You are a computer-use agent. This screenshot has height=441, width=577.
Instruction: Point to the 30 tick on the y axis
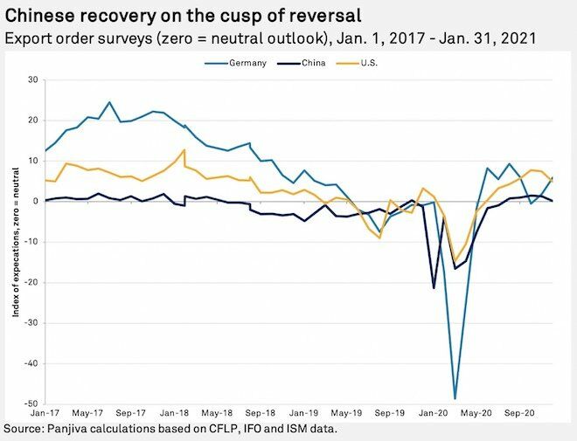click(x=33, y=79)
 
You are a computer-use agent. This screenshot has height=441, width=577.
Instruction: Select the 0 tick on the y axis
click(x=36, y=201)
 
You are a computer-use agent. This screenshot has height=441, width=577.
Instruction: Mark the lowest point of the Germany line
click(x=455, y=398)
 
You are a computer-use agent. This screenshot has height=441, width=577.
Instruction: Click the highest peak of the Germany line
click(x=109, y=102)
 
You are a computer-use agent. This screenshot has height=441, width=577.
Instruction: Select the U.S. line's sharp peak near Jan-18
click(x=184, y=150)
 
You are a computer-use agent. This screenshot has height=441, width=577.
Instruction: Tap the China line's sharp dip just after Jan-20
click(x=434, y=287)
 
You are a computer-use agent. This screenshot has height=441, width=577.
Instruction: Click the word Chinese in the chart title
click(x=40, y=15)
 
